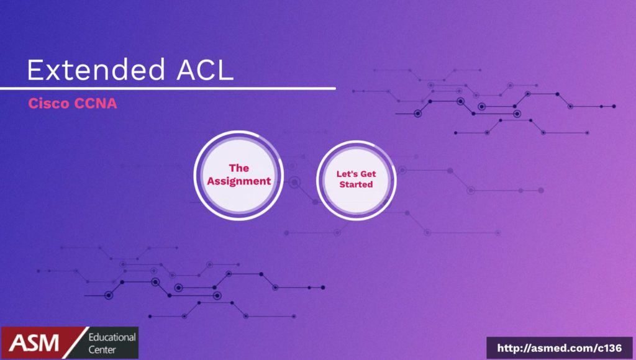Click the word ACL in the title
205,70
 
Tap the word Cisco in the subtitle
48,104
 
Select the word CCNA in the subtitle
95,104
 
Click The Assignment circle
238,175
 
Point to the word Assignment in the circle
239,182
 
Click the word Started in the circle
356,184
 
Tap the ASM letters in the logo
34,343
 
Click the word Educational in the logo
112,337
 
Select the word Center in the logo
102,349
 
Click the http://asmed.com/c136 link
560,348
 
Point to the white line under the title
168,88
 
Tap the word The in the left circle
239,168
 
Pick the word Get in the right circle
368,174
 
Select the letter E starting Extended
35,70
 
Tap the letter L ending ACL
227,70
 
